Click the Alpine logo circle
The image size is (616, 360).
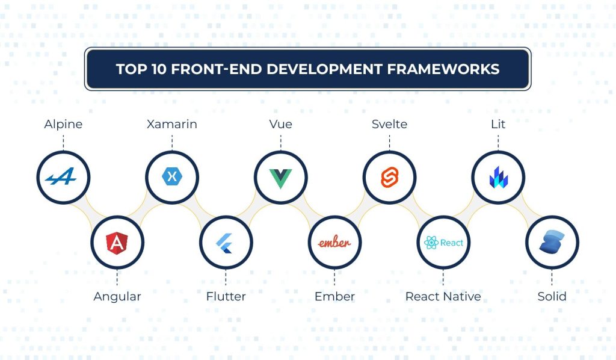coord(63,178)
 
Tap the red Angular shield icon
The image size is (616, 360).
coord(117,243)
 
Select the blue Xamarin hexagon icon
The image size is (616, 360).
coord(172,177)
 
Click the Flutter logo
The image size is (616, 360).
coord(226,243)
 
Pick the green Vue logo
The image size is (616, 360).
coord(280,178)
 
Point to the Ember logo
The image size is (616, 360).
coord(334,243)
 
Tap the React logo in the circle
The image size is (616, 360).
coord(443,243)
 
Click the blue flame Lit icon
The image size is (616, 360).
coord(498,178)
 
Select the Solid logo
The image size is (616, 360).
coord(551,243)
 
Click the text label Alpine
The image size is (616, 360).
coord(63,125)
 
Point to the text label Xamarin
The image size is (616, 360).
coord(172,125)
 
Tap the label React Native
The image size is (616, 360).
coord(443,296)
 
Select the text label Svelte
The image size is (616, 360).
coord(389,125)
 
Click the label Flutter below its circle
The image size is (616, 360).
coord(226,296)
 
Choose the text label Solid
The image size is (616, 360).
coord(552,296)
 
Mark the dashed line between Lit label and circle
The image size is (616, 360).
coord(498,143)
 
